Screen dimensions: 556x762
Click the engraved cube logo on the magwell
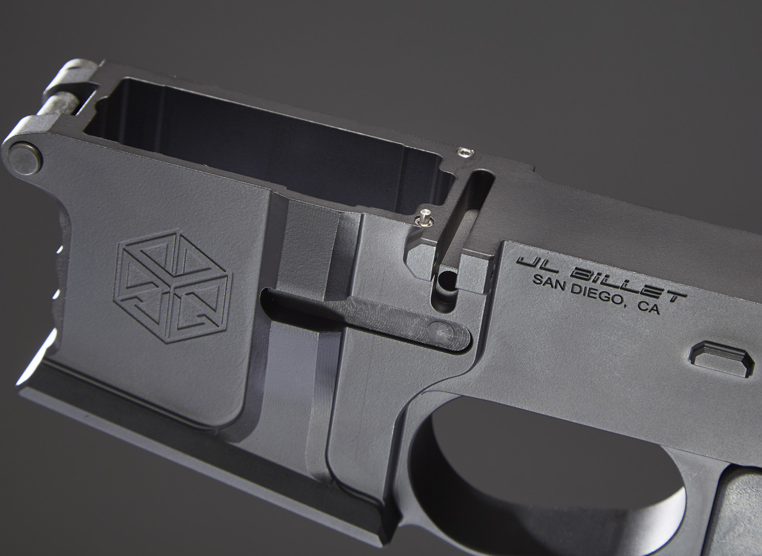pos(172,286)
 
